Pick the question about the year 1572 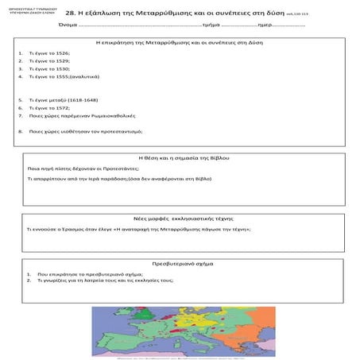[48, 107]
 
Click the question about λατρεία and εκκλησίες [99, 281]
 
